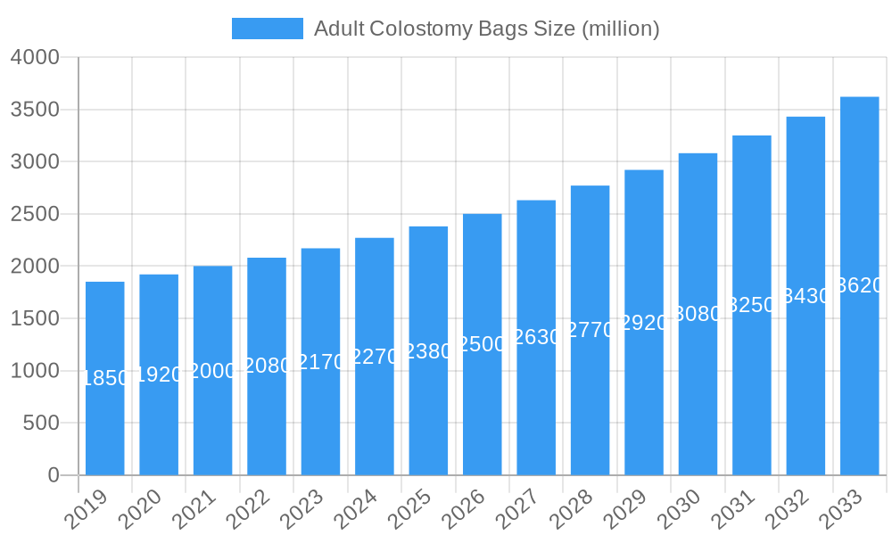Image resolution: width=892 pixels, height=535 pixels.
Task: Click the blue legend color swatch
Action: point(267,29)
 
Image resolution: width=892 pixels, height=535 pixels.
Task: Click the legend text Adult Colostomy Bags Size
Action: point(486,29)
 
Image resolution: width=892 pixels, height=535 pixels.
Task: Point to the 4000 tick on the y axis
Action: point(35,58)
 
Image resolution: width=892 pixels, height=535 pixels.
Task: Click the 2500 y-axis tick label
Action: point(35,214)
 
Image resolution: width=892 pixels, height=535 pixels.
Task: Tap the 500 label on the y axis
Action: point(41,423)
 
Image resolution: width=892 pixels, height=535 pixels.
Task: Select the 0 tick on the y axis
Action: point(54,475)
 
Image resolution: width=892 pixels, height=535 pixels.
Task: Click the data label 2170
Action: point(320,362)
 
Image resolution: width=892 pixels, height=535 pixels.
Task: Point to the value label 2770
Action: point(590,330)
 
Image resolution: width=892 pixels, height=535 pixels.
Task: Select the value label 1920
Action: point(159,374)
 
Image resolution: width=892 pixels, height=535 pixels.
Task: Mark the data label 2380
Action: point(428,351)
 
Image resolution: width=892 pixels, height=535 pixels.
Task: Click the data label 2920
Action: point(644,323)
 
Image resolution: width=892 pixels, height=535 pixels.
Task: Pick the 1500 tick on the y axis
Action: point(35,318)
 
